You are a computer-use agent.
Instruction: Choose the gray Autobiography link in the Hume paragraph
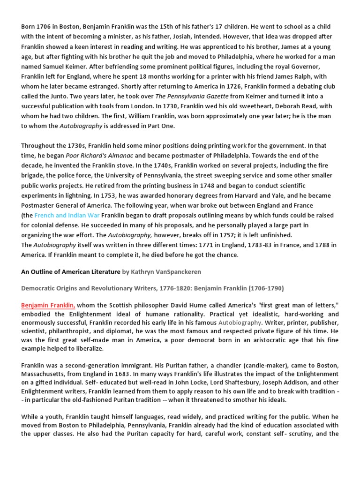pyautogui.click(x=240, y=322)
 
